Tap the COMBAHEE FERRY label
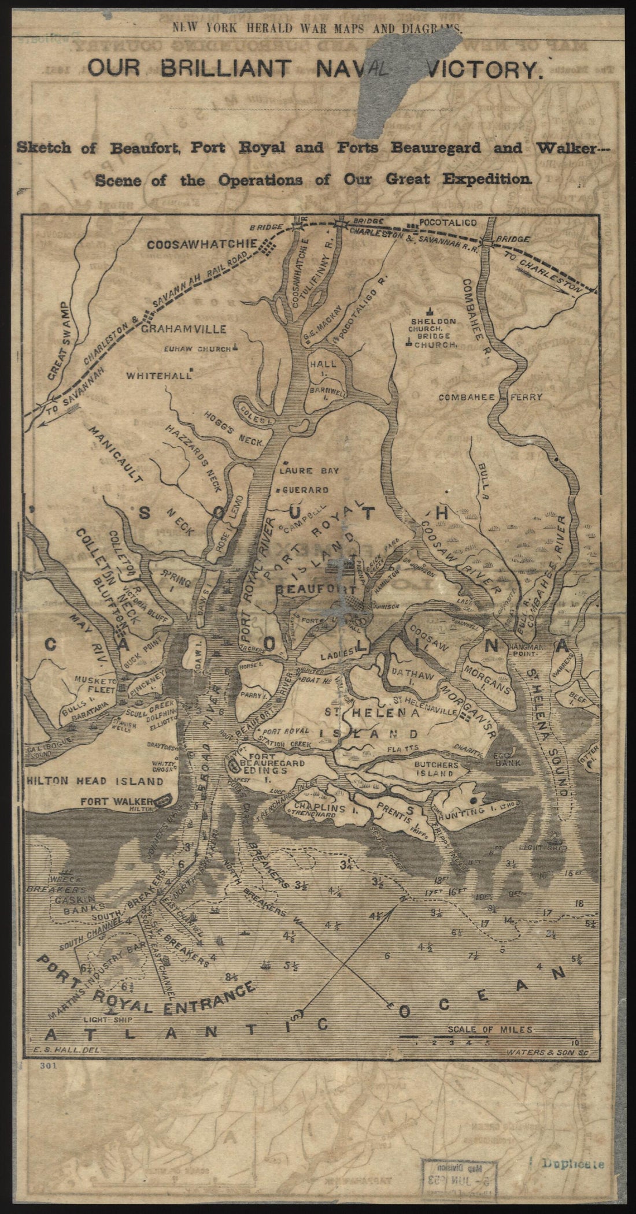point(490,397)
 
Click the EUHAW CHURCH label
point(197,349)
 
